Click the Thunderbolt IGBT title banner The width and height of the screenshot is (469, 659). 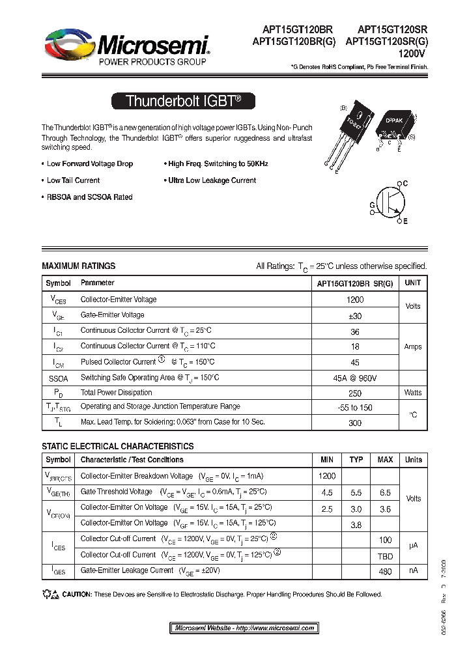click(183, 101)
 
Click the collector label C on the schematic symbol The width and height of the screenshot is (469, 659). click(405, 184)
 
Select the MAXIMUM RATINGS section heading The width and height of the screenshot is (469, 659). click(78, 266)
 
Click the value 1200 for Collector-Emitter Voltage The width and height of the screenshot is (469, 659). click(355, 300)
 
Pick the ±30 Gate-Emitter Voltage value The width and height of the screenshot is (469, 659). click(355, 315)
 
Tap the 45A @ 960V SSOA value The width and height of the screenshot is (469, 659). click(355, 378)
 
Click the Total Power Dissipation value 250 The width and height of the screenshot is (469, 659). click(355, 393)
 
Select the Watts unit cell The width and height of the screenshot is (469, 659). click(412, 393)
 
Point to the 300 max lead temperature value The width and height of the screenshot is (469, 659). click(355, 423)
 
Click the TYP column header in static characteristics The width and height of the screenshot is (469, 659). click(356, 460)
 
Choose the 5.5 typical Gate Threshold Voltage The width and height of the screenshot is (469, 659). click(356, 492)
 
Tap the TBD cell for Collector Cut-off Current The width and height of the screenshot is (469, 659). click(385, 555)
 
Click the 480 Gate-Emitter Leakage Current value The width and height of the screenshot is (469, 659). click(385, 572)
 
